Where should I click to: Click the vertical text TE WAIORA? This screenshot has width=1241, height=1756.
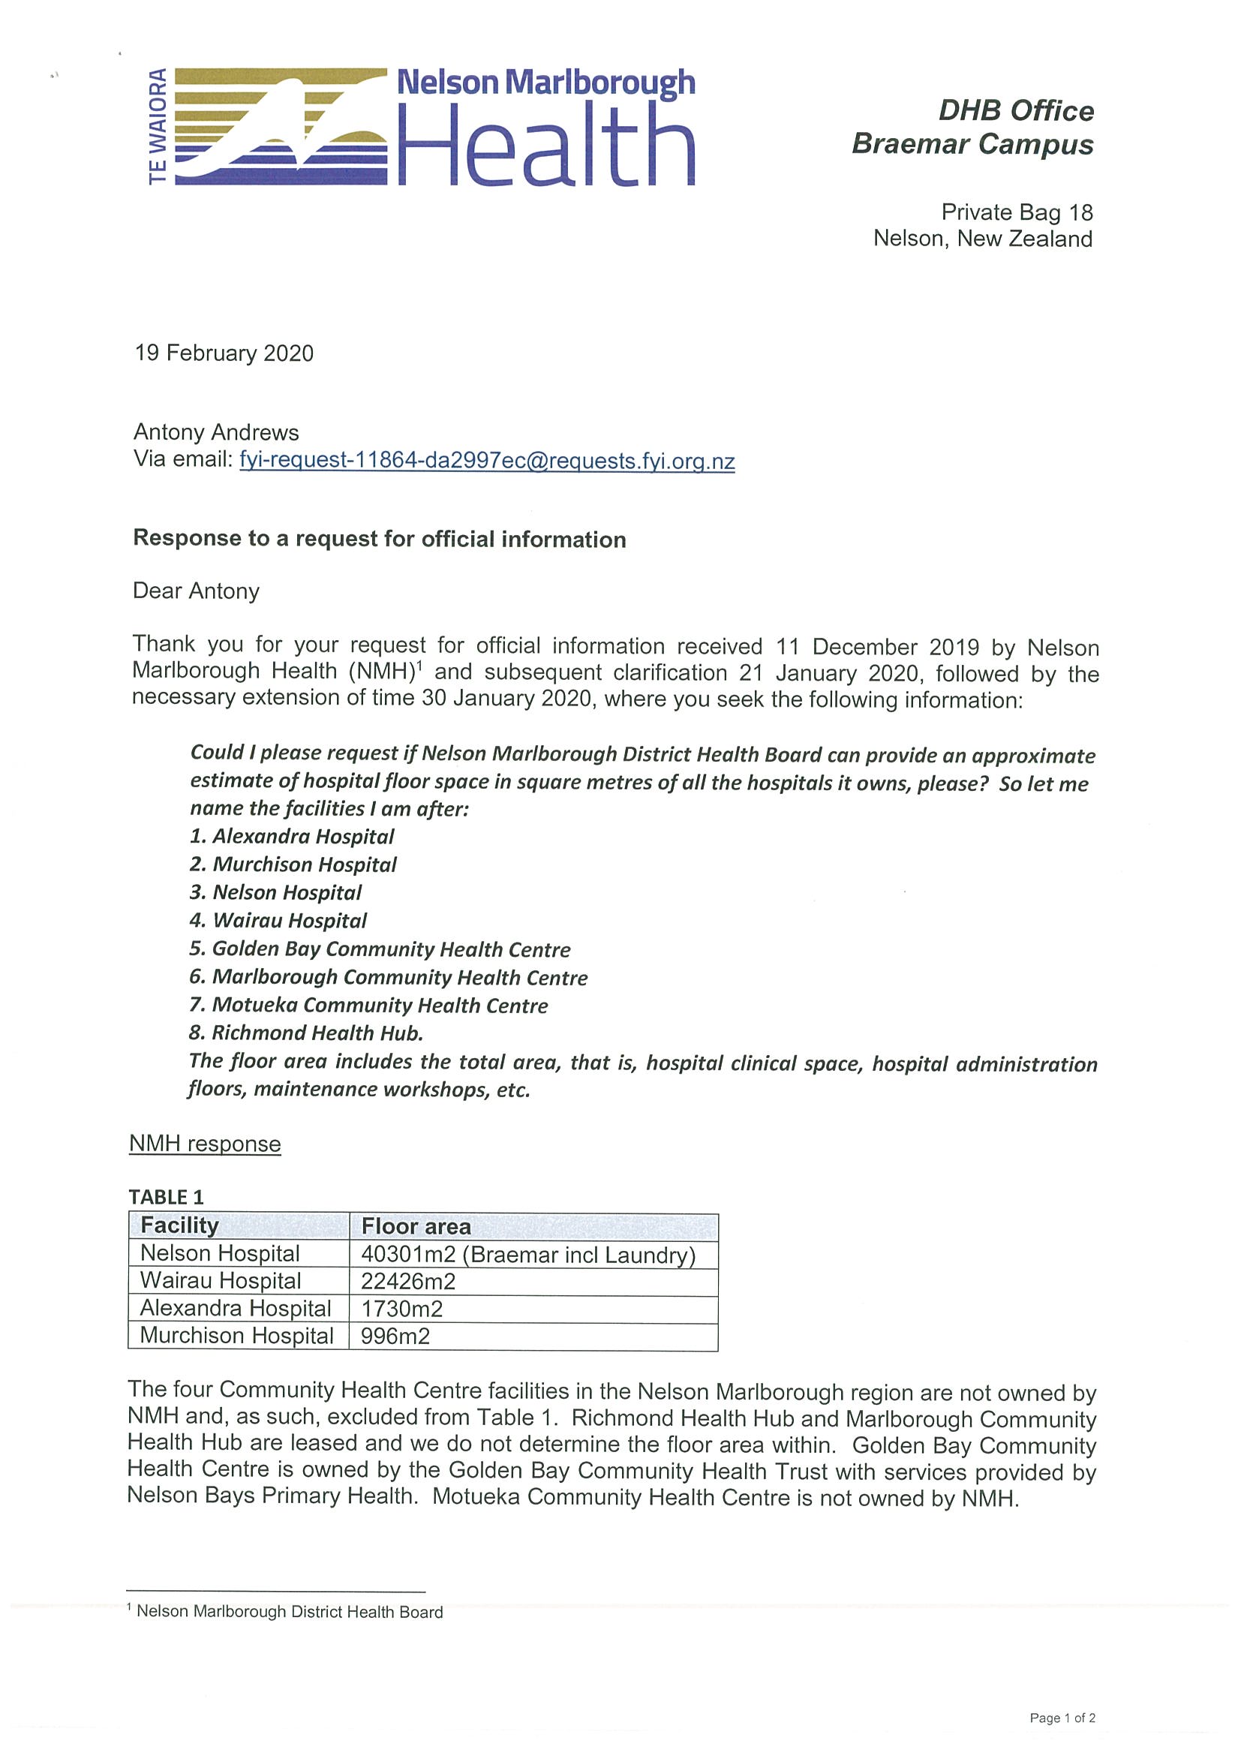point(158,126)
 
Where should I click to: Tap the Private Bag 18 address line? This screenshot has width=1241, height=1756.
point(1016,212)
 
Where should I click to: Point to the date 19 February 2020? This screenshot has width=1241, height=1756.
point(224,353)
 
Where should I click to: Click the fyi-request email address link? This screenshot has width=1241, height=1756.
point(487,461)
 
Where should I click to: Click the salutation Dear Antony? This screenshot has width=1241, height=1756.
point(197,591)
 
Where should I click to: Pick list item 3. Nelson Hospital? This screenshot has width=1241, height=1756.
point(276,892)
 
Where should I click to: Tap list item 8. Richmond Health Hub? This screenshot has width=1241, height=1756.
point(306,1033)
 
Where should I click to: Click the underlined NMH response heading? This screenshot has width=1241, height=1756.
point(205,1144)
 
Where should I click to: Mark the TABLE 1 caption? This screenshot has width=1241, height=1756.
point(166,1197)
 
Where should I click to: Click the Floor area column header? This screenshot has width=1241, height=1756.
point(416,1227)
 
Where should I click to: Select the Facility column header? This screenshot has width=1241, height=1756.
point(179,1226)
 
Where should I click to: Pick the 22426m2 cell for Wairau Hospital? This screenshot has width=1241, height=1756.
point(408,1281)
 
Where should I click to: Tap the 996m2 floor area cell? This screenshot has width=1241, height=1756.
point(395,1336)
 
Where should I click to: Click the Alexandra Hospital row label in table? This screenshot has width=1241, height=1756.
point(236,1309)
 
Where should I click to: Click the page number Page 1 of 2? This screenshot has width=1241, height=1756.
point(1062,1718)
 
